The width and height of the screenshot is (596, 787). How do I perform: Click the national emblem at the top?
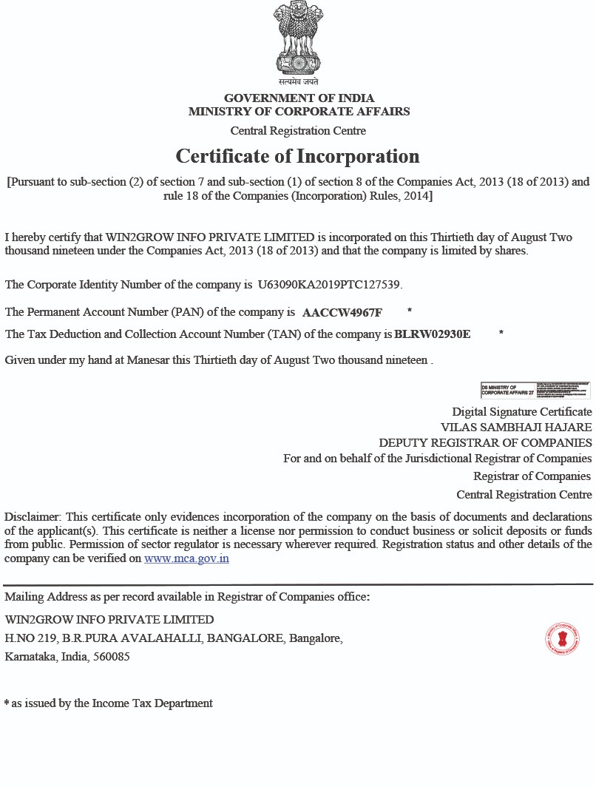tap(298, 41)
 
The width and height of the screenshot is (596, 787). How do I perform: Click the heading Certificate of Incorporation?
tap(297, 156)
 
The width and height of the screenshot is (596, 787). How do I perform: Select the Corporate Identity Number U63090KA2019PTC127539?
tap(329, 285)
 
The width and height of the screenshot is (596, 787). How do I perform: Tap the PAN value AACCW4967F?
tap(342, 313)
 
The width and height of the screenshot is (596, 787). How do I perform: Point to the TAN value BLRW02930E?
tap(433, 334)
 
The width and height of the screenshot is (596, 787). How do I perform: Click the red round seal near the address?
tap(562, 638)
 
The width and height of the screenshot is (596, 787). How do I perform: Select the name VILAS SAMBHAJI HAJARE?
tap(516, 427)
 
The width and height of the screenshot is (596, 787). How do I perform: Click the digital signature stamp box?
tap(535, 391)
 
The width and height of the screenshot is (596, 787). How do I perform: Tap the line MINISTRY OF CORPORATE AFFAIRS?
tap(299, 112)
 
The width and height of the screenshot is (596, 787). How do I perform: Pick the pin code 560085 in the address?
tap(114, 656)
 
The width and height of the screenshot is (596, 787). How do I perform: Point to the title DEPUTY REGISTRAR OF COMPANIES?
tap(485, 443)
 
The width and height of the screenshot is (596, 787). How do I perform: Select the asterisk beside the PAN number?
tap(410, 310)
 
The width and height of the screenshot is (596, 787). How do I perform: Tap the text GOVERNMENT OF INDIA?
tap(299, 98)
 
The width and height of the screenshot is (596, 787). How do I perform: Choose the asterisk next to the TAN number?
tap(501, 332)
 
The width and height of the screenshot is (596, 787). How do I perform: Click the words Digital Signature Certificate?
tap(522, 411)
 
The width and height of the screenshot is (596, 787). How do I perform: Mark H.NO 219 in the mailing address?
tap(30, 638)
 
